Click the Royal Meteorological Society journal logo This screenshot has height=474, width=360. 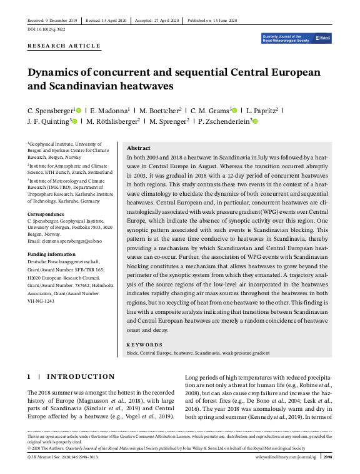point(297,38)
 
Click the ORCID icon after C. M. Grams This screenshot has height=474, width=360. point(235,110)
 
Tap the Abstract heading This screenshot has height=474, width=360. point(139,147)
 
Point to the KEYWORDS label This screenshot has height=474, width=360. point(144,344)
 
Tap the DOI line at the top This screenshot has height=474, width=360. point(46,29)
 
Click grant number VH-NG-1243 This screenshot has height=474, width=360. point(41,301)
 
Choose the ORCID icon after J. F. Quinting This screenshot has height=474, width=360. point(74,121)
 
